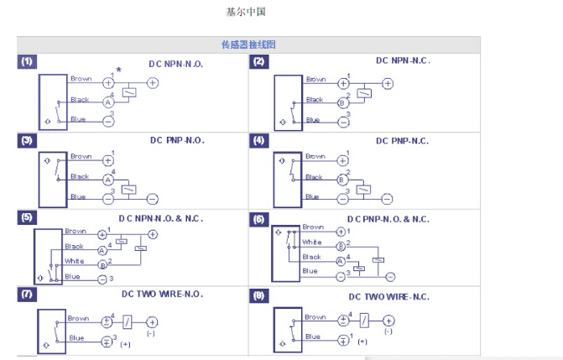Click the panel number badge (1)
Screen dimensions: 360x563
[28, 62]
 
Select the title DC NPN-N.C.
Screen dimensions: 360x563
[402, 60]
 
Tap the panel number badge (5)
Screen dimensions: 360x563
[28, 217]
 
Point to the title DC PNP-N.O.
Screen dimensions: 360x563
[177, 140]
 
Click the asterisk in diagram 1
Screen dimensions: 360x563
[119, 70]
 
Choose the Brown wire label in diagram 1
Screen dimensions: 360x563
[81, 79]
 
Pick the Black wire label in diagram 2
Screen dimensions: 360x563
[315, 100]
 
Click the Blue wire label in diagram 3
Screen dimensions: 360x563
[78, 196]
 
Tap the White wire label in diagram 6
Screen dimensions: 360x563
[312, 242]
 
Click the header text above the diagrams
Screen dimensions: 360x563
[248, 44]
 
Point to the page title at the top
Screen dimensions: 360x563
[246, 13]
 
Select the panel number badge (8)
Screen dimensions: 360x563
[259, 295]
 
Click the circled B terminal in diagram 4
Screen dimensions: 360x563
[342, 180]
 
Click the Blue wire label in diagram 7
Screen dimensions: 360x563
[78, 338]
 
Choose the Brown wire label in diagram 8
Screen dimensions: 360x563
[315, 317]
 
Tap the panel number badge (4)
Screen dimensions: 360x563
[259, 140]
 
